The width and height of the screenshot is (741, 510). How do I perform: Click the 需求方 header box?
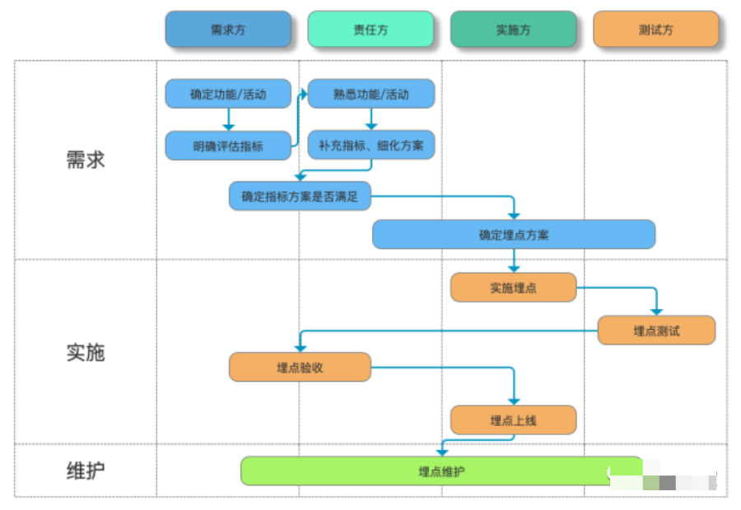point(228,30)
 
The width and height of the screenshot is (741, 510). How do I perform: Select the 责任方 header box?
point(370,30)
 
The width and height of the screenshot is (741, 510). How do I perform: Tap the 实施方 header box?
point(513,30)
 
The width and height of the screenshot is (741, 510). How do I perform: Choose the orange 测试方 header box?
point(655,30)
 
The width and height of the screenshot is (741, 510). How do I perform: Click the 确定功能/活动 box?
point(228,94)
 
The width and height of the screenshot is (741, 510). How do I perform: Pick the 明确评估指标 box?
point(228,146)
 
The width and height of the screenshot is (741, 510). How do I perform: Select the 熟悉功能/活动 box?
point(370,94)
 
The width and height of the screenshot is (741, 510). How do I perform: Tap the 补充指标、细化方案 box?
point(370,146)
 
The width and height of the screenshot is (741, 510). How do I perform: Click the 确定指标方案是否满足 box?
point(300,197)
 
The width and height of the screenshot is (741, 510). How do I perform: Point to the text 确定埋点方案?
point(514,234)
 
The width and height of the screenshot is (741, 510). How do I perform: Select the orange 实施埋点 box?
point(513,287)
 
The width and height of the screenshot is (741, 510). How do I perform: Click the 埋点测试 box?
point(656,331)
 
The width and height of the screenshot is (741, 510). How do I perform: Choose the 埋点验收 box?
point(300,368)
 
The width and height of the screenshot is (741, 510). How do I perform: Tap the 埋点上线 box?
point(513,420)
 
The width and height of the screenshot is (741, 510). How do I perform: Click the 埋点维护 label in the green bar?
point(441,471)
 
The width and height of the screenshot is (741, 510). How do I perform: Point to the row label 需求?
point(86,160)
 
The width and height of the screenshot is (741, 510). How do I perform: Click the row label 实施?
point(86,352)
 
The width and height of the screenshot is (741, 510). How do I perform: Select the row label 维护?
point(86,471)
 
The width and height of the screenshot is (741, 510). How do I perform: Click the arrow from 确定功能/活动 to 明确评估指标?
point(229,119)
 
